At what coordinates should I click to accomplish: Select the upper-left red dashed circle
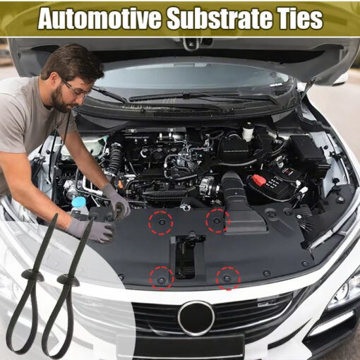tap(161, 223)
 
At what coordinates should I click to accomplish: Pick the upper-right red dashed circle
tap(217, 221)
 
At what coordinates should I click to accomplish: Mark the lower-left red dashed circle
tap(162, 278)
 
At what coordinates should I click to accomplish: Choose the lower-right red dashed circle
tap(228, 278)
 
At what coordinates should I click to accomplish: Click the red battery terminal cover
tap(259, 180)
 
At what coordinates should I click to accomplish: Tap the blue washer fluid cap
tap(78, 202)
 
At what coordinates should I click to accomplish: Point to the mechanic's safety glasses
tap(75, 90)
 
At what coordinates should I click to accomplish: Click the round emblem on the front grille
tap(196, 318)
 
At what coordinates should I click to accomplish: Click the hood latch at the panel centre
tap(186, 256)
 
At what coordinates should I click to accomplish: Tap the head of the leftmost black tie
tap(32, 276)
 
